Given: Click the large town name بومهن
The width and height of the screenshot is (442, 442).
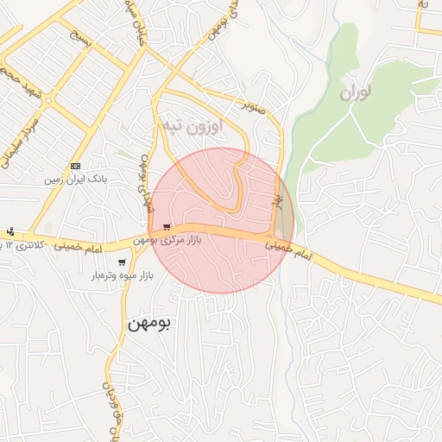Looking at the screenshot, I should click(x=149, y=324).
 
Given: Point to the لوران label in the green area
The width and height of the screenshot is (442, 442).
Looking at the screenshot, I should click(x=359, y=93).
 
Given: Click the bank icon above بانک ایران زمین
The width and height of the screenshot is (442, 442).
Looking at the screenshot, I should click(x=76, y=166).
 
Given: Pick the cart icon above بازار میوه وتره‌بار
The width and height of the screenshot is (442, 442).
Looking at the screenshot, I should click(x=123, y=262).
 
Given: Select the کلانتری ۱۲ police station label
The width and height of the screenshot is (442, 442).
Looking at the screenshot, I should click(x=20, y=246).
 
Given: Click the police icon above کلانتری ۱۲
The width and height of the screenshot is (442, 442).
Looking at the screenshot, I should click(x=10, y=232).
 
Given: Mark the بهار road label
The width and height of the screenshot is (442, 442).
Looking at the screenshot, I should click(x=278, y=201).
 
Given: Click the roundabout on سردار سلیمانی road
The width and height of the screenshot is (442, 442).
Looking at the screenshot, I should click(x=48, y=100).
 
